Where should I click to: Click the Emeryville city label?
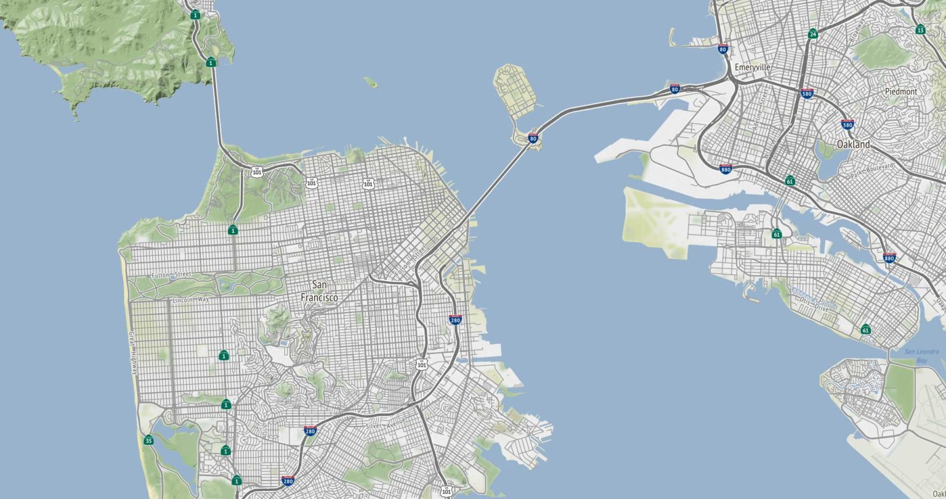752,67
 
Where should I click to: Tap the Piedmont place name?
900,92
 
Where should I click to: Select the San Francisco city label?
319,291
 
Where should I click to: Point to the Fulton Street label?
171,275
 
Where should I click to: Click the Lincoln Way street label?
191,300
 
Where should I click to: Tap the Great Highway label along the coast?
132,353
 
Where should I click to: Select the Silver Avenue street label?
386,425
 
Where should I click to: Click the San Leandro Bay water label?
921,356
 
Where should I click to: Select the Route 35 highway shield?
148,441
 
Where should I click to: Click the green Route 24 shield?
813,34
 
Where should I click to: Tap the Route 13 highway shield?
920,30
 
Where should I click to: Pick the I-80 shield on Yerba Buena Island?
533,138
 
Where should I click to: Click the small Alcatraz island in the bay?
370,82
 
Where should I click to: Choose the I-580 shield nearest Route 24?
807,94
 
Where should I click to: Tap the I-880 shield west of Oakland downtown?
726,169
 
